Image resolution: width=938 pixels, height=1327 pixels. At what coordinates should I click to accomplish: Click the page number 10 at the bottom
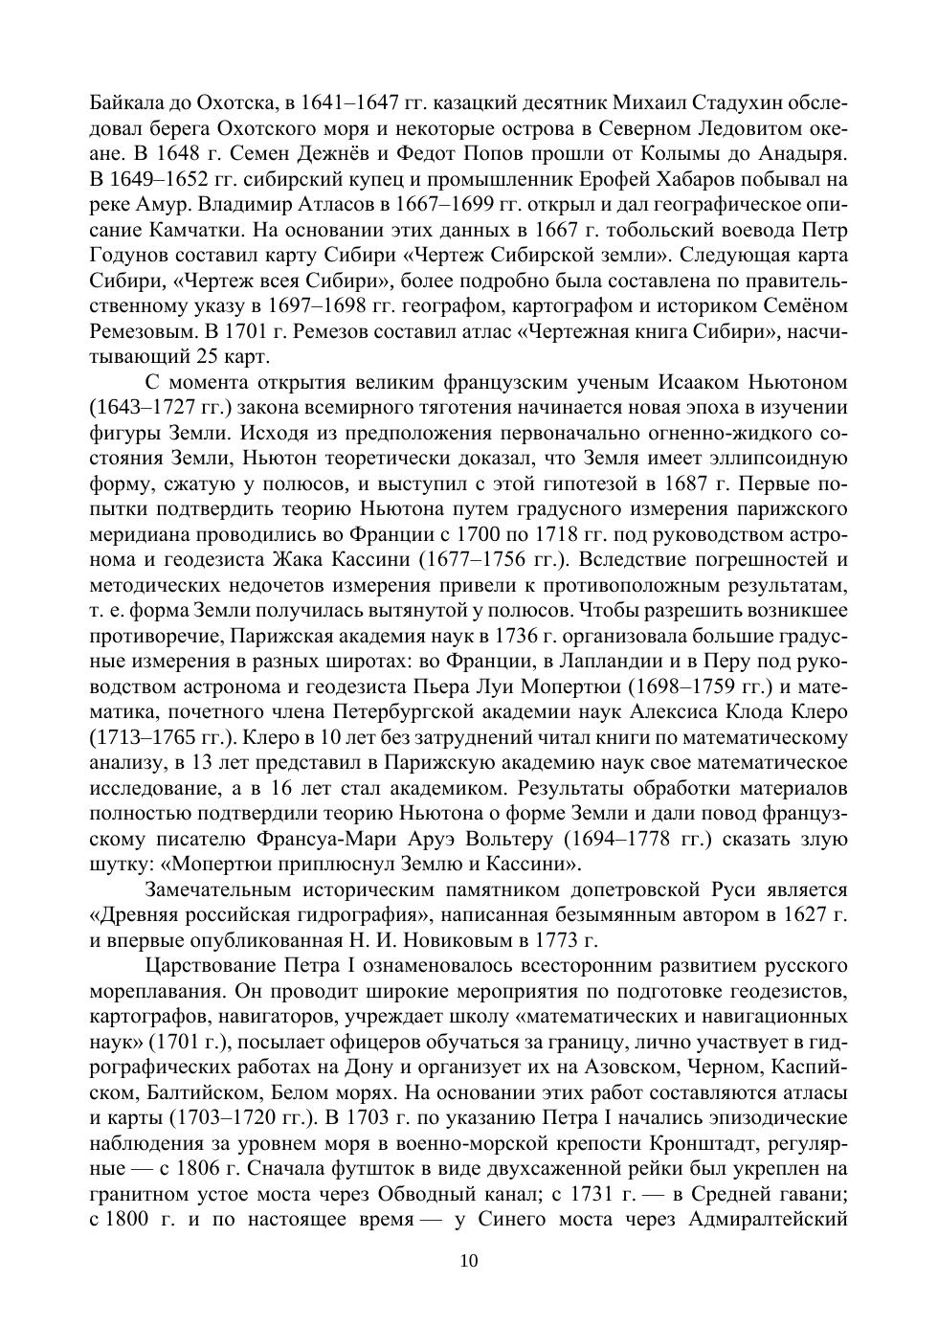pos(469,1261)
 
